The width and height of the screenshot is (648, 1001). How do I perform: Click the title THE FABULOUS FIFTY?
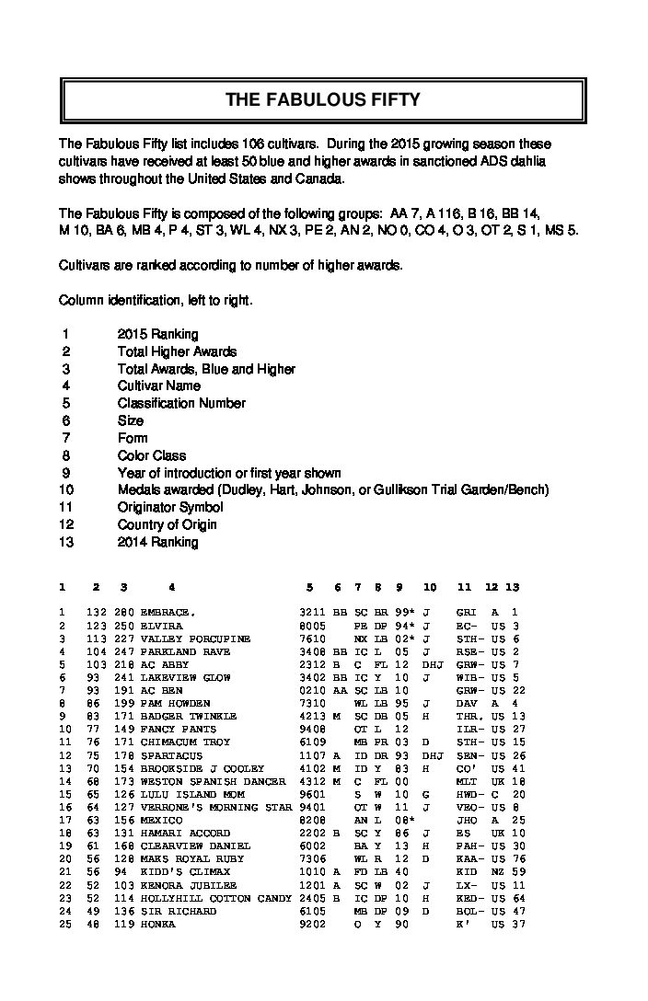pos(323,100)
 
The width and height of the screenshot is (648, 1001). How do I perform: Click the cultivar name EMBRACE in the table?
pos(167,612)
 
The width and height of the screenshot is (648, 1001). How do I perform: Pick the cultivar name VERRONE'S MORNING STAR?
pos(215,806)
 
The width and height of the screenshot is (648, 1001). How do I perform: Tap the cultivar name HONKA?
pos(155,924)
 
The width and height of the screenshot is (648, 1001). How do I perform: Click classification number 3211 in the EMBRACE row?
pos(311,612)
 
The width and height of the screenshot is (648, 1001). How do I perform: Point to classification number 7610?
pos(311,638)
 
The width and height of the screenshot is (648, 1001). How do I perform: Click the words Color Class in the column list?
pos(151,455)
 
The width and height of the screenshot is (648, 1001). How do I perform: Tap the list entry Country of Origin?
pos(167,524)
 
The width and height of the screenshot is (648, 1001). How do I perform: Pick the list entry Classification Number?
pos(181,403)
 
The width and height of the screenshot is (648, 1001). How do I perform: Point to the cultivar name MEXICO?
pos(161,820)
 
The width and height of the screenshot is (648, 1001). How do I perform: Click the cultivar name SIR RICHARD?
pos(179,911)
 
